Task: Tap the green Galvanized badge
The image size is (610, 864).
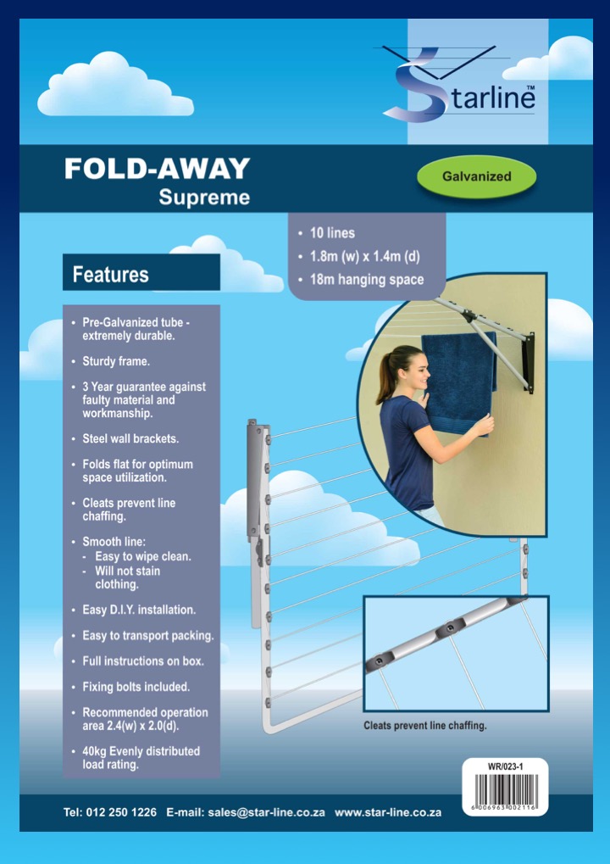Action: pyautogui.click(x=476, y=177)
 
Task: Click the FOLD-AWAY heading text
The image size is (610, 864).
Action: pyautogui.click(x=157, y=169)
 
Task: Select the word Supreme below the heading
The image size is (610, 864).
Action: pyautogui.click(x=204, y=198)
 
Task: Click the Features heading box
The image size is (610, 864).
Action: pyautogui.click(x=141, y=272)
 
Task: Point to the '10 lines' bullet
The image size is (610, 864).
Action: pyautogui.click(x=326, y=232)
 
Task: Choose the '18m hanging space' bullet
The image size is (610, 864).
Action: pyautogui.click(x=361, y=279)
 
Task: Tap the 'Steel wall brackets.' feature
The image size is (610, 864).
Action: pyautogui.click(x=125, y=438)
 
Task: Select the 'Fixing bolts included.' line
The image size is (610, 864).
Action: pyautogui.click(x=130, y=687)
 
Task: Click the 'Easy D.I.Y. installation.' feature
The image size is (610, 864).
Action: pyautogui.click(x=133, y=610)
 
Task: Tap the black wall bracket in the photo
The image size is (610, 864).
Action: pyautogui.click(x=528, y=362)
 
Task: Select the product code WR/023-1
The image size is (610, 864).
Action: pyautogui.click(x=506, y=766)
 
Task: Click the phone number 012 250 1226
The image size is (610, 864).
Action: pyautogui.click(x=121, y=812)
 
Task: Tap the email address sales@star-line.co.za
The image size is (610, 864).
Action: pyautogui.click(x=267, y=812)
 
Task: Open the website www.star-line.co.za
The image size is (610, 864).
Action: pyautogui.click(x=388, y=812)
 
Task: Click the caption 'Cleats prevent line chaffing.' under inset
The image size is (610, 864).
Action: pyautogui.click(x=425, y=725)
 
